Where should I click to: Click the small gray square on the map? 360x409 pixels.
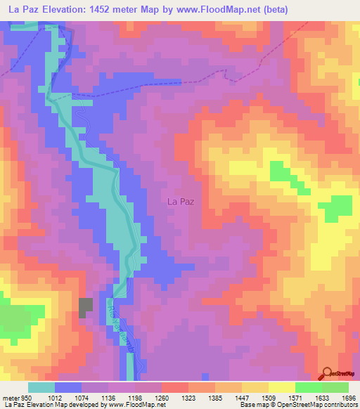pyautogui.click(x=85, y=307)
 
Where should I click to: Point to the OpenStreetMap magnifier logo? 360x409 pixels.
pyautogui.click(x=326, y=374)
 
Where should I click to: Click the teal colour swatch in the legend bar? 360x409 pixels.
pyautogui.click(x=41, y=387)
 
